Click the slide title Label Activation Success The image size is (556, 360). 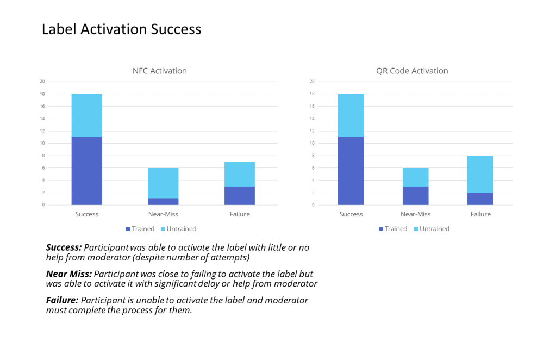pyautogui.click(x=121, y=29)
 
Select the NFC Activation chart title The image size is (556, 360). pyautogui.click(x=159, y=71)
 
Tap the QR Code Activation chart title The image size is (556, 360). pyautogui.click(x=412, y=71)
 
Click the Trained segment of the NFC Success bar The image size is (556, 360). pyautogui.click(x=86, y=171)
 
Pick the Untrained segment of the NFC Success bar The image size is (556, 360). pyautogui.click(x=86, y=115)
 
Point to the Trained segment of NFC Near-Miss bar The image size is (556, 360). pyautogui.click(x=163, y=202)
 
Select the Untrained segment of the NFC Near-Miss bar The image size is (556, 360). pyautogui.click(x=163, y=183)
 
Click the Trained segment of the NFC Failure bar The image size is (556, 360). pyautogui.click(x=239, y=196)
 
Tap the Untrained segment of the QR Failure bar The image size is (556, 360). pyautogui.click(x=480, y=174)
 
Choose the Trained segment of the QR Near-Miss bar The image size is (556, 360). pyautogui.click(x=416, y=196)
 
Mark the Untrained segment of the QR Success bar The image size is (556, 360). pyautogui.click(x=351, y=115)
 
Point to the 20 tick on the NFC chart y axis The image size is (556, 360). pyautogui.click(x=42, y=82)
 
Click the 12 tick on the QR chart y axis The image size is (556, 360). pyautogui.click(x=313, y=131)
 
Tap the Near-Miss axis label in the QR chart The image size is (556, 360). pyautogui.click(x=416, y=214)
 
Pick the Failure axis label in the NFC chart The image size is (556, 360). pyautogui.click(x=239, y=214)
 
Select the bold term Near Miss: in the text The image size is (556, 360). pyautogui.click(x=69, y=274)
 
